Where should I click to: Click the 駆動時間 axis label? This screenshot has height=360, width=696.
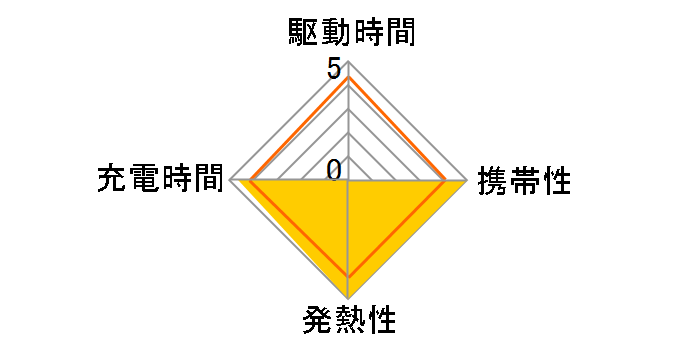(347, 34)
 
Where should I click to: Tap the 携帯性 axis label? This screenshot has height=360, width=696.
(524, 182)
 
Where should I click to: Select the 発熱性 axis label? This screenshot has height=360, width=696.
(348, 322)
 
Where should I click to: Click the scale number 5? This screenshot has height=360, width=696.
(333, 70)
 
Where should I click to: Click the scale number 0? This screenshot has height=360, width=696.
(334, 170)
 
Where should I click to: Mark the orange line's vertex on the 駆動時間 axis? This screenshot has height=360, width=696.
(348, 77)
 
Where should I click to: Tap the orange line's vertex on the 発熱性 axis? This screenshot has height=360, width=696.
(348, 275)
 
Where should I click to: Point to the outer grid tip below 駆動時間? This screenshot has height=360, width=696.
(348, 62)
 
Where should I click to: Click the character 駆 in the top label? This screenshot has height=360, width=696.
(299, 34)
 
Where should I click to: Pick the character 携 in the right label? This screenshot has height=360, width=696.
(493, 182)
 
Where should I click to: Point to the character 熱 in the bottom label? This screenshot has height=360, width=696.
(348, 322)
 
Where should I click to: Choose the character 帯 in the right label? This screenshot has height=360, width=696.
(524, 182)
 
